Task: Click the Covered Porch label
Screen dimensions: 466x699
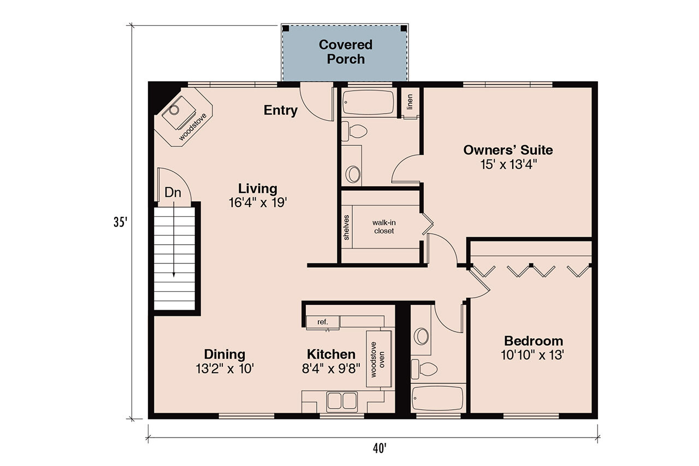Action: click(345, 52)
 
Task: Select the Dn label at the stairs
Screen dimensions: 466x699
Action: click(173, 192)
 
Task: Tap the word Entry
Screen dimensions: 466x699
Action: click(281, 110)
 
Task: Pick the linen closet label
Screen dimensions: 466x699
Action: click(410, 102)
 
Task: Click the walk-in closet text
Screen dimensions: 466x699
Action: click(384, 227)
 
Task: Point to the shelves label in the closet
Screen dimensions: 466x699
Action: click(346, 227)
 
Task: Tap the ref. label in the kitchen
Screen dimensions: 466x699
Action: click(323, 322)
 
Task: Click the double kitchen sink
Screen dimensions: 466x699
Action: click(341, 402)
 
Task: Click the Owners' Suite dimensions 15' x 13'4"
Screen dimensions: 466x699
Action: click(508, 164)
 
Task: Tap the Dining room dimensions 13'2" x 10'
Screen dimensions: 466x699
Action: click(224, 369)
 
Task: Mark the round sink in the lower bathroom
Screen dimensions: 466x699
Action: click(421, 336)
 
